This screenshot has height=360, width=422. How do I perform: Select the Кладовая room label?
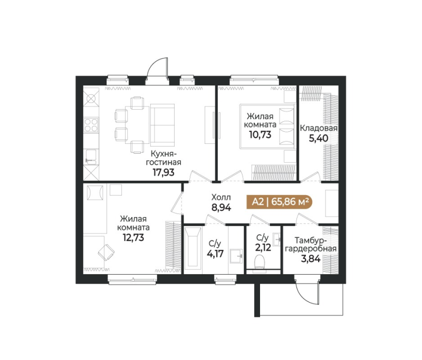point(319,128)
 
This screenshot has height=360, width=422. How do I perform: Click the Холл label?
point(221,197)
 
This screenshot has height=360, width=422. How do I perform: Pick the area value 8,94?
point(221,207)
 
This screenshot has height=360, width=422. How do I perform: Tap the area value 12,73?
point(133,237)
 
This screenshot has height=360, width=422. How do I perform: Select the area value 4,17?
point(214,254)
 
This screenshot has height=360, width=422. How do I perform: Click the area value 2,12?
point(263,248)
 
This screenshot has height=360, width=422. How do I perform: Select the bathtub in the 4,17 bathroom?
point(192,251)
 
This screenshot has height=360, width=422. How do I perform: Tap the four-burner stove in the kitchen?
point(92,125)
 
